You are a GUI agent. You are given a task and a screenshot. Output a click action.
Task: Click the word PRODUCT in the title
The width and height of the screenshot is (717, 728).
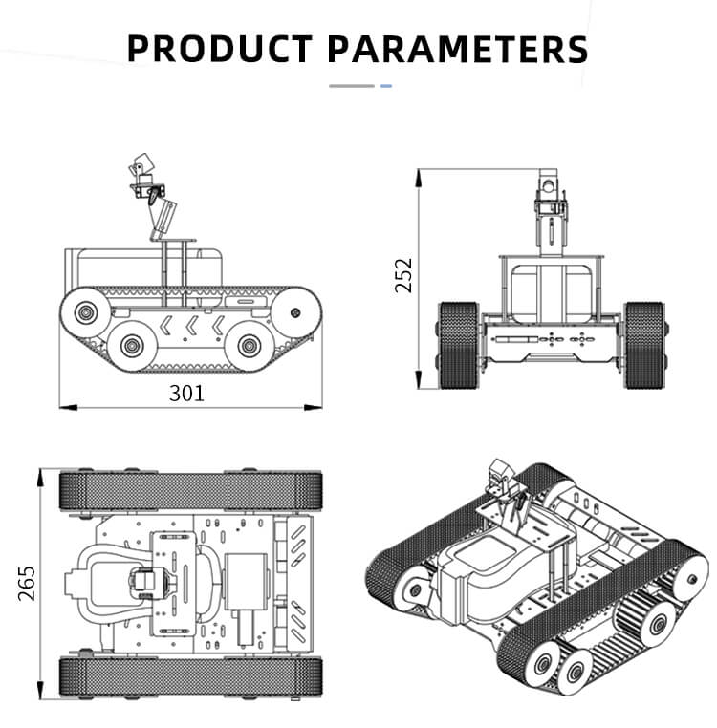[x=219, y=48]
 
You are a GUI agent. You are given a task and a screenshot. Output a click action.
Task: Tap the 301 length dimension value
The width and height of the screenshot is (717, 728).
[x=186, y=392]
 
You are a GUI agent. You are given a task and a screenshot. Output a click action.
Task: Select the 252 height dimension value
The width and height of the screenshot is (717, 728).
[x=404, y=275]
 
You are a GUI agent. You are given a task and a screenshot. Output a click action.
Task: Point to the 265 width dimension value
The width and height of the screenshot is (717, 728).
[x=26, y=583]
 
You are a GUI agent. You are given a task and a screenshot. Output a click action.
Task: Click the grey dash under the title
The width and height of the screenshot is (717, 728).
[x=352, y=86]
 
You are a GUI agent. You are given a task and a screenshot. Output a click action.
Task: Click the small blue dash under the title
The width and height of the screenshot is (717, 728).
[x=386, y=86]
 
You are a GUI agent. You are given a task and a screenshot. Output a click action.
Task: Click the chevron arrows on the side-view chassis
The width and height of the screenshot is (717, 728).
[x=191, y=325]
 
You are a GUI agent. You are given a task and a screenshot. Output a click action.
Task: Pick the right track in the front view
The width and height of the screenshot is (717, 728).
[x=643, y=345]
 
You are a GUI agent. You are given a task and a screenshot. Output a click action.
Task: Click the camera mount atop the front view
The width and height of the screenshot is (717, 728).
[x=549, y=191]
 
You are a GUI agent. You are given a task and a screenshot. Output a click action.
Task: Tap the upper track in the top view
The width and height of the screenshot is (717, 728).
[x=191, y=490]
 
